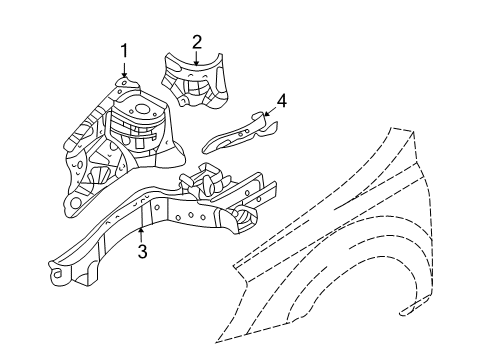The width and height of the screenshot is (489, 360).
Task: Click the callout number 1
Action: [124, 50]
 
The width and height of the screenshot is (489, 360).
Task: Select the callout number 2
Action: [197, 41]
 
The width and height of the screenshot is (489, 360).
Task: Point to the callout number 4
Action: [281, 100]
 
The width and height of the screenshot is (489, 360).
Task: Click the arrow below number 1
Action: [124, 69]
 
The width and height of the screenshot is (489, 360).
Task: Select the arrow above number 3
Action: [142, 233]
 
